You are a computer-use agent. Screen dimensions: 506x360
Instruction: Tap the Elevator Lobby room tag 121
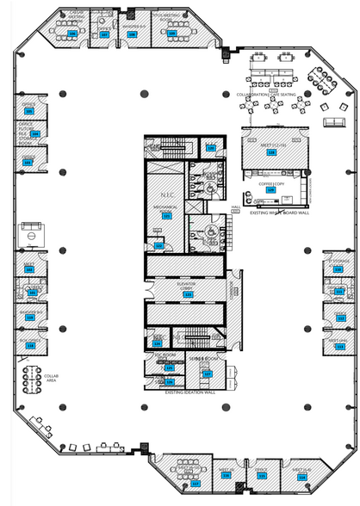[187, 293]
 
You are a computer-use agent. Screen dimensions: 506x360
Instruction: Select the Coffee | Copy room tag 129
[270, 191]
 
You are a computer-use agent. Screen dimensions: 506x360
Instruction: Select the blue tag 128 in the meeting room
[271, 151]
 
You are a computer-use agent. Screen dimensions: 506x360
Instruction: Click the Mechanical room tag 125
[167, 216]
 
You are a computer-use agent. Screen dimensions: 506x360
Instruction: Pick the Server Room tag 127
[207, 373]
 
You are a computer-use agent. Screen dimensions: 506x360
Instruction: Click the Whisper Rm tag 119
[29, 318]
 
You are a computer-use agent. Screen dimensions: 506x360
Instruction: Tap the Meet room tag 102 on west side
[29, 269]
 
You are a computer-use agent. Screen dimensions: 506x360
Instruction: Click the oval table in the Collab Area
[34, 379]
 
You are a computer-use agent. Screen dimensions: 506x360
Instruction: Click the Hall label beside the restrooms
[235, 207]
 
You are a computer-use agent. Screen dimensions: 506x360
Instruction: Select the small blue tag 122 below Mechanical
[158, 246]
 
